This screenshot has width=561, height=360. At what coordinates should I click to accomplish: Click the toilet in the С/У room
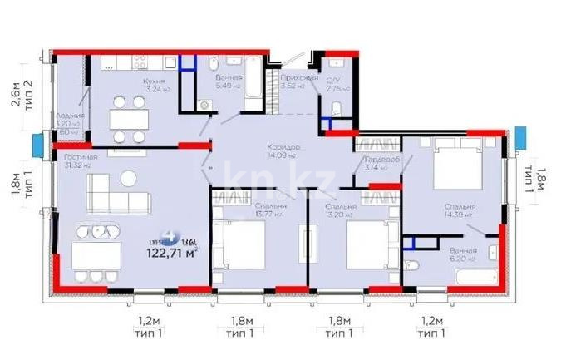click(x=337, y=109)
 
